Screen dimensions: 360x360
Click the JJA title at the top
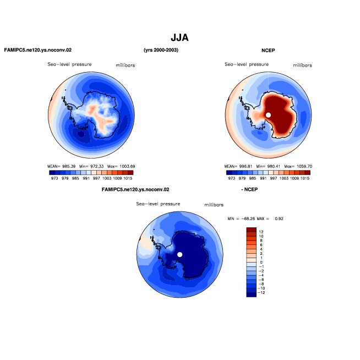[x=179, y=37]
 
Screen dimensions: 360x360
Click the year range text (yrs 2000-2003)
[x=161, y=50]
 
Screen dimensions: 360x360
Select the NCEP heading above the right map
[x=268, y=50]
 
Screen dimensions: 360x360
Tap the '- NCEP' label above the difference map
[x=249, y=189]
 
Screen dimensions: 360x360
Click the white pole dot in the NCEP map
[x=268, y=115]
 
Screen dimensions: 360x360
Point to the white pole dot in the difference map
[x=180, y=254]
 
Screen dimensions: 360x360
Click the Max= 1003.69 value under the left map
[x=121, y=166]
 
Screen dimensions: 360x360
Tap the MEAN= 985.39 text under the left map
[x=61, y=166]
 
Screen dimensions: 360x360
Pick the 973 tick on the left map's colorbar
[x=54, y=178]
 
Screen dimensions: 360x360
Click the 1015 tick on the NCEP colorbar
[x=305, y=178]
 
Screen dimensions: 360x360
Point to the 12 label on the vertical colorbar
[x=261, y=232]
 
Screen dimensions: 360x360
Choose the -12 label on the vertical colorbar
[x=261, y=292]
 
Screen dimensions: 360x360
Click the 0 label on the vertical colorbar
[x=261, y=262]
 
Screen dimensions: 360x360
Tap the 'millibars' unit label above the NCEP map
[x=302, y=66]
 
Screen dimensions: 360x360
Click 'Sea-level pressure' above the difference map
[x=158, y=204]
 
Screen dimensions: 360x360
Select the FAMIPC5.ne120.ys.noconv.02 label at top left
[x=38, y=50]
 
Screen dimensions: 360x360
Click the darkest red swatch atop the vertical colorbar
[x=251, y=230]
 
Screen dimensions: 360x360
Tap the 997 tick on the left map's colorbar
[x=96, y=178]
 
